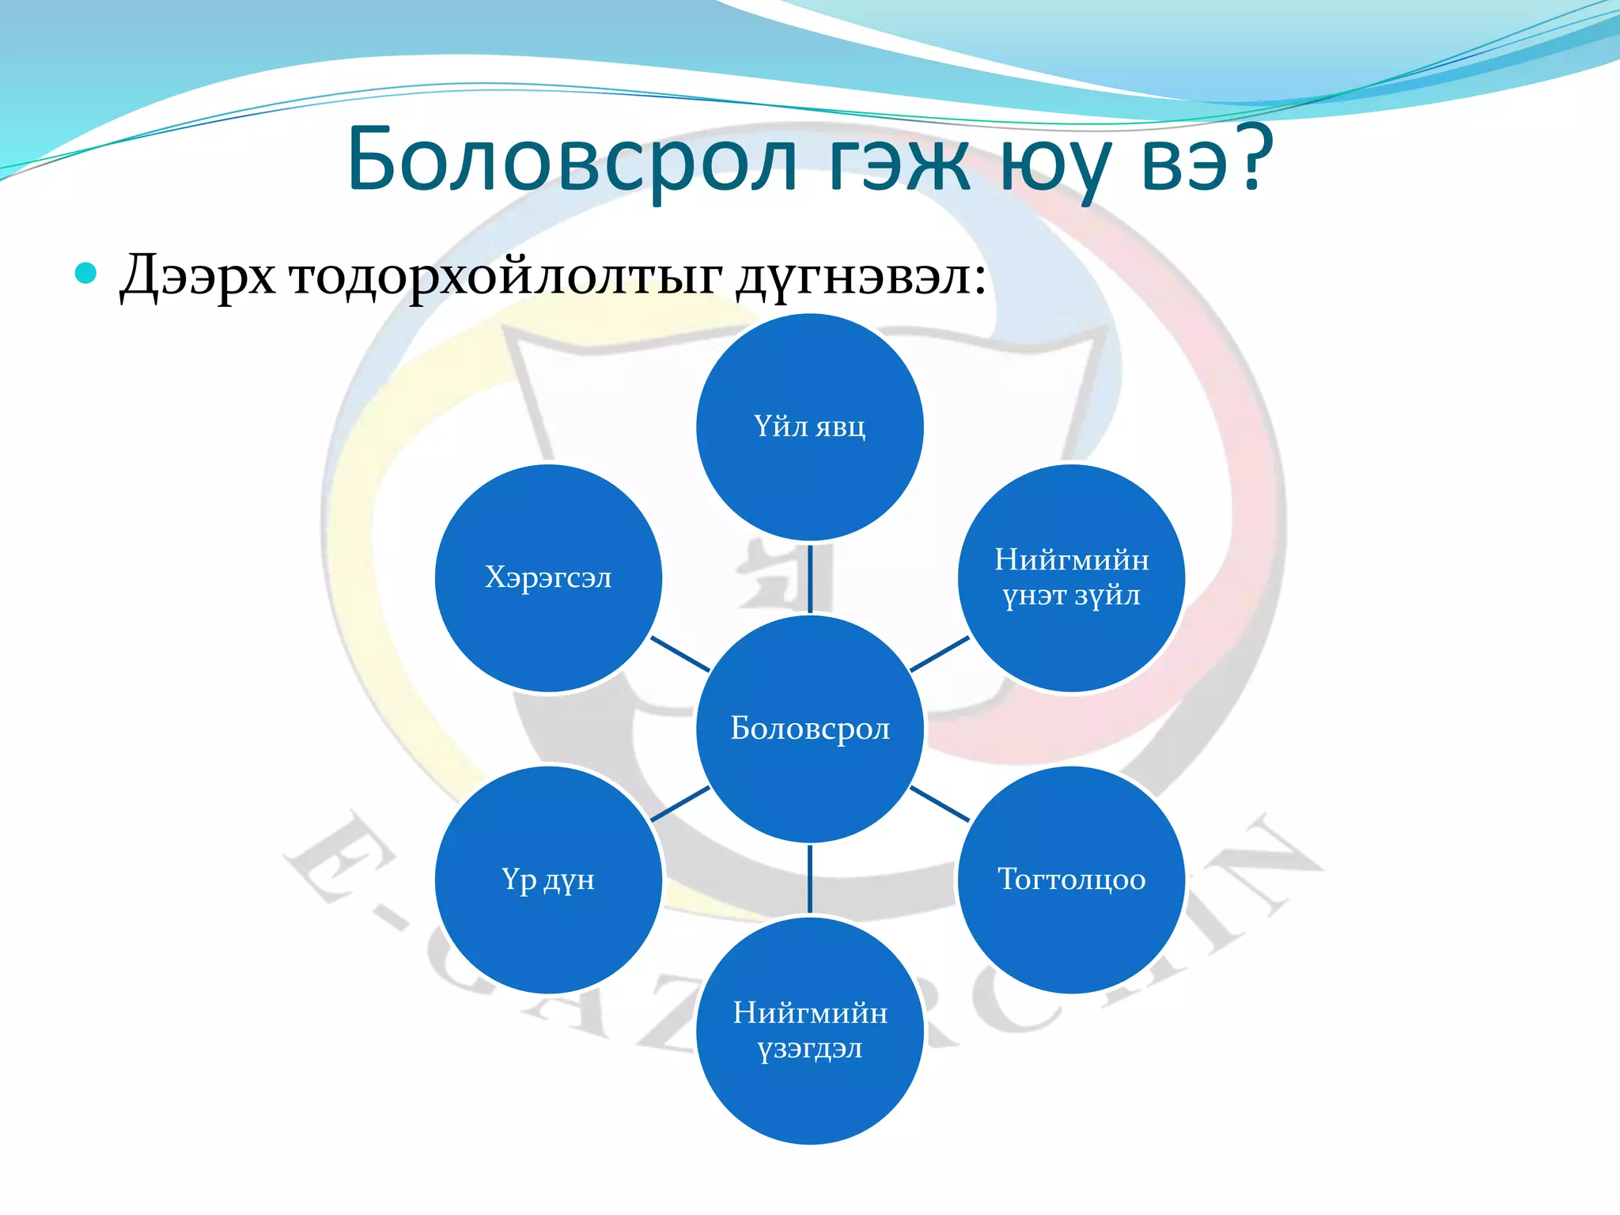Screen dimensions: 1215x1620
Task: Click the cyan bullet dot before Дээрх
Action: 85,274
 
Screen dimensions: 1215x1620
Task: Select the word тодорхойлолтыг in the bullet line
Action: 506,277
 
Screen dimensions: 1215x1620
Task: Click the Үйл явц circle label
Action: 809,427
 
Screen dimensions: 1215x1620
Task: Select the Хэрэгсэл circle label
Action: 548,577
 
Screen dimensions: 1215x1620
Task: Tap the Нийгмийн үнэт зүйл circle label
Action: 1072,577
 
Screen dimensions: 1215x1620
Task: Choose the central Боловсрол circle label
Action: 810,729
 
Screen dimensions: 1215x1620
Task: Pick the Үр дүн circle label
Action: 548,880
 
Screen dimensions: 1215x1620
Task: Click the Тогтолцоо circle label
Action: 1072,880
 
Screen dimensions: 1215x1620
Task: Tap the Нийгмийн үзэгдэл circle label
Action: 810,1030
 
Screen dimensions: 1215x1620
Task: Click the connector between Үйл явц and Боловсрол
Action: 810,578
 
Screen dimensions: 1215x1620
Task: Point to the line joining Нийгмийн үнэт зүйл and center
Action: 940,654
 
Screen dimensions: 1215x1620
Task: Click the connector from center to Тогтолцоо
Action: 940,804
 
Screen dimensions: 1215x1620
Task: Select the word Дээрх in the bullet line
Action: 198,277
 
